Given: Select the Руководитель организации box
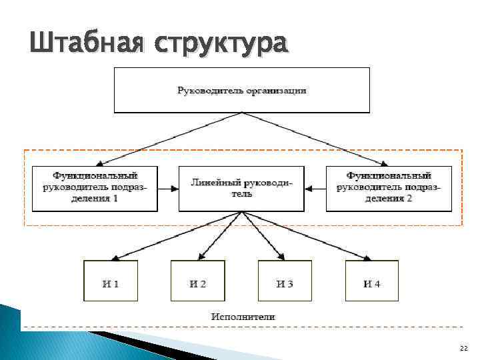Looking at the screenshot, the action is (x=242, y=90).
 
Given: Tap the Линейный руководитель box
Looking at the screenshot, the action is (x=241, y=188).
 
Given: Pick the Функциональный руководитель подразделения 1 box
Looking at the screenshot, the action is (x=95, y=188).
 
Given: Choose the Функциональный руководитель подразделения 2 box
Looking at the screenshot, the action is (x=388, y=188).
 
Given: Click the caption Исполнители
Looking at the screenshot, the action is (x=243, y=317).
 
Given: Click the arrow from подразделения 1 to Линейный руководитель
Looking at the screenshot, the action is (x=168, y=189).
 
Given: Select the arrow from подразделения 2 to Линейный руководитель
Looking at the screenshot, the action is (x=315, y=189).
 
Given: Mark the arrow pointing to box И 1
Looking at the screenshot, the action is (x=173, y=236).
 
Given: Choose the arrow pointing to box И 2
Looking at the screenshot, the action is (x=221, y=236).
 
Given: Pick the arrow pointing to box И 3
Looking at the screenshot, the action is (x=263, y=236).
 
